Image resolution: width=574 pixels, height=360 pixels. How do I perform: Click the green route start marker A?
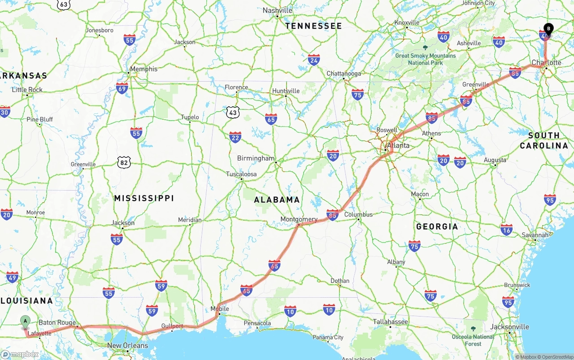26,321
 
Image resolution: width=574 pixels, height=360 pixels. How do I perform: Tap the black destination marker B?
548,29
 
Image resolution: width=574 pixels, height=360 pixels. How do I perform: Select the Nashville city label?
277,10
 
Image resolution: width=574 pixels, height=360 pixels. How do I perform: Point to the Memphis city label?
143,69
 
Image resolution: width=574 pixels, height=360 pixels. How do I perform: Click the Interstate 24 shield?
313,60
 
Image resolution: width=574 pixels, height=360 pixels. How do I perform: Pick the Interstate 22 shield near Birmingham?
235,137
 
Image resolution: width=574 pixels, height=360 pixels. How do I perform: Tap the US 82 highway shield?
124,162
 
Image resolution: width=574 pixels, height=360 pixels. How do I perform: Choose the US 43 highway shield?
232,112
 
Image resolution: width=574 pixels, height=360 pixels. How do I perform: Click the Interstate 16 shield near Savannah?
506,230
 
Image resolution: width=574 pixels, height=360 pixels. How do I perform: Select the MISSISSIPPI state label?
143,198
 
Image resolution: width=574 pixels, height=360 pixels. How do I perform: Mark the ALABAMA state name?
277,200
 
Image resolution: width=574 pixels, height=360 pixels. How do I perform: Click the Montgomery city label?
299,219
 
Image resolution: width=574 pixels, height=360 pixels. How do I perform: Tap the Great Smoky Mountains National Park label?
425,59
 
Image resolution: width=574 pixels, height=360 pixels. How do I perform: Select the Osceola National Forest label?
473,340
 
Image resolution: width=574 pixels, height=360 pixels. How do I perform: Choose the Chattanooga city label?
344,74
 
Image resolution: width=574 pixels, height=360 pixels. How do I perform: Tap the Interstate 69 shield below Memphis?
122,87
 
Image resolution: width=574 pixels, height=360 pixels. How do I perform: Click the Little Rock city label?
27,90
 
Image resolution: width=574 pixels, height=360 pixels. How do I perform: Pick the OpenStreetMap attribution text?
556,357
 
